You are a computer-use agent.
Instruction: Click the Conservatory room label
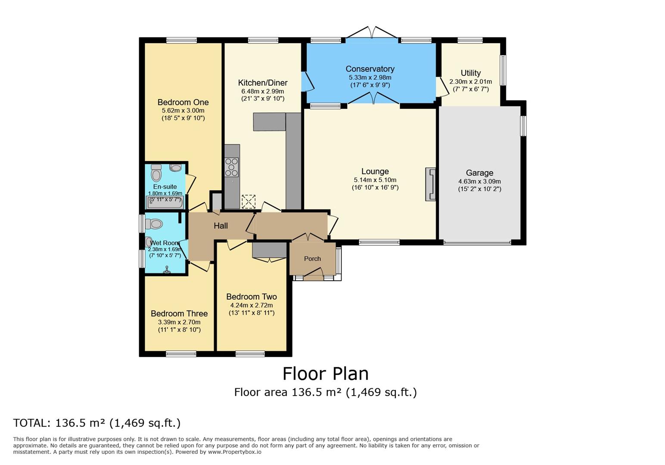pyautogui.click(x=370, y=69)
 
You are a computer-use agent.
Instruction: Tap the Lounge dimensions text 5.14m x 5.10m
pyautogui.click(x=375, y=180)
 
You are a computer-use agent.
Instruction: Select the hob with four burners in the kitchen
pyautogui.click(x=232, y=167)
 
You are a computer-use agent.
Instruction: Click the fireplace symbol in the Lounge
pyautogui.click(x=430, y=184)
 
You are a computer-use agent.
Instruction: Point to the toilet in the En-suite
pyautogui.click(x=156, y=173)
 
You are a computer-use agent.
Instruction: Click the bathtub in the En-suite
pyautogui.click(x=165, y=202)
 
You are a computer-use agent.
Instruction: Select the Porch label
pyautogui.click(x=312, y=259)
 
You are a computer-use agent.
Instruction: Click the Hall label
pyautogui.click(x=221, y=226)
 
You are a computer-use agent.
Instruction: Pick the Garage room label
pyautogui.click(x=479, y=173)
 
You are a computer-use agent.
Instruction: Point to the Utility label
pyautogui.click(x=471, y=73)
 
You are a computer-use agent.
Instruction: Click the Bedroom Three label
pyautogui.click(x=179, y=314)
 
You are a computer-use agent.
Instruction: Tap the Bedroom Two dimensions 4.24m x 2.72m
pyautogui.click(x=252, y=305)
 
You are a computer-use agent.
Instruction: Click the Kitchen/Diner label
pyautogui.click(x=263, y=83)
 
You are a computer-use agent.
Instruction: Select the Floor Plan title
pyautogui.click(x=325, y=374)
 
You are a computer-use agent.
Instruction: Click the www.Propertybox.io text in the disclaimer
pyautogui.click(x=235, y=452)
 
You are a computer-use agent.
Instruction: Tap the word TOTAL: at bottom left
pyautogui.click(x=31, y=423)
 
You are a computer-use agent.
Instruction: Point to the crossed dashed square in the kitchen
pyautogui.click(x=249, y=202)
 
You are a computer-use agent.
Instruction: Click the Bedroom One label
pyautogui.click(x=183, y=102)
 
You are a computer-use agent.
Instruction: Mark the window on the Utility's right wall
pyautogui.click(x=503, y=70)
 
